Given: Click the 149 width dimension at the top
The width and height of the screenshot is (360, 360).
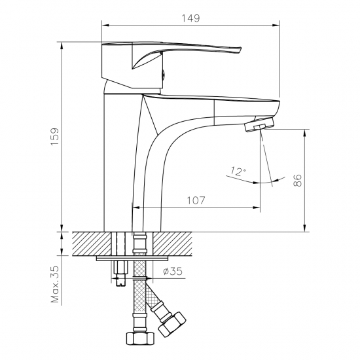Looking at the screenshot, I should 190,18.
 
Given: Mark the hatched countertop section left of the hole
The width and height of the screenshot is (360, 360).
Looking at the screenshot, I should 88,243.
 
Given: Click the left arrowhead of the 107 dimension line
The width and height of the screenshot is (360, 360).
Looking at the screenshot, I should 136,207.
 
